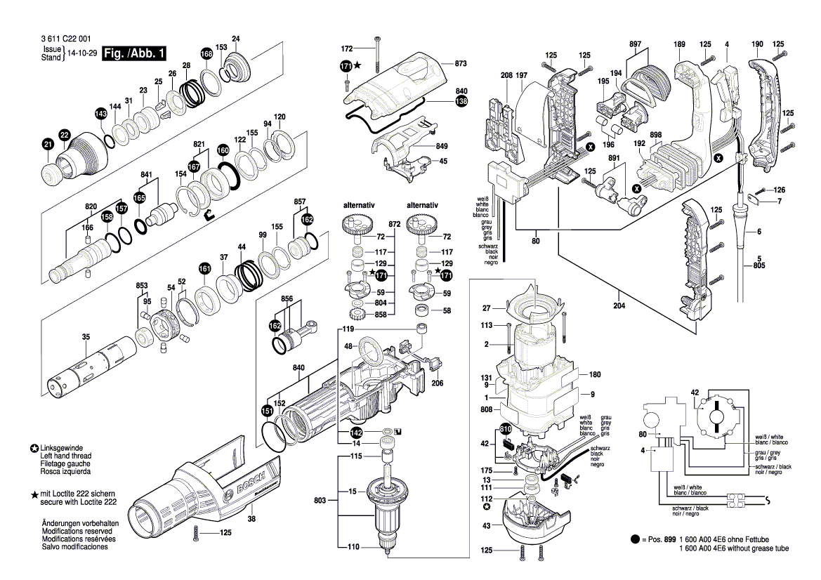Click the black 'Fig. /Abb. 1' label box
click(x=134, y=53)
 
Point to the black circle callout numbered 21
click(x=47, y=145)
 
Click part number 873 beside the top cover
click(x=461, y=64)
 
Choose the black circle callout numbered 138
click(x=461, y=102)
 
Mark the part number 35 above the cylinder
click(x=86, y=338)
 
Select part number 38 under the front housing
click(x=251, y=520)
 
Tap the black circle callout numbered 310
click(x=505, y=428)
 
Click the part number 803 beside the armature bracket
click(x=320, y=500)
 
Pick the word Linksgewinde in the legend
click(x=62, y=448)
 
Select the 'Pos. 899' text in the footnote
click(x=656, y=539)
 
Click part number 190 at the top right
click(x=756, y=45)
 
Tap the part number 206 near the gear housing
click(x=437, y=383)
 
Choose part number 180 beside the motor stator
click(x=594, y=374)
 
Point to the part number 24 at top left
click(x=236, y=39)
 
